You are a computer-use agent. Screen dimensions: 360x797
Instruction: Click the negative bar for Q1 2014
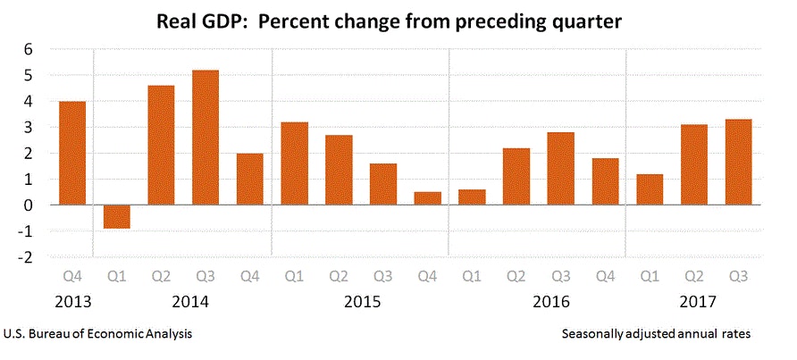[x=116, y=217]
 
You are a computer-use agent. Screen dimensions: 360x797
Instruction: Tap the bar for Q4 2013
[x=72, y=153]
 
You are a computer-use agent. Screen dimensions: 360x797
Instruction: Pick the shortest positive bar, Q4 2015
[x=427, y=198]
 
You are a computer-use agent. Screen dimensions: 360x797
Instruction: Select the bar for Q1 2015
[x=294, y=163]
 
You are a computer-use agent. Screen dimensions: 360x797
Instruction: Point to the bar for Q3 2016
[x=560, y=169]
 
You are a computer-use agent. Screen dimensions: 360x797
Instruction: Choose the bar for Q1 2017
[x=649, y=189]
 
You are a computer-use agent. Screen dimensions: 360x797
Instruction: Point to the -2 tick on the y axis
[x=26, y=257]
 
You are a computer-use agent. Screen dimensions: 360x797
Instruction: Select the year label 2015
[x=362, y=301]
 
